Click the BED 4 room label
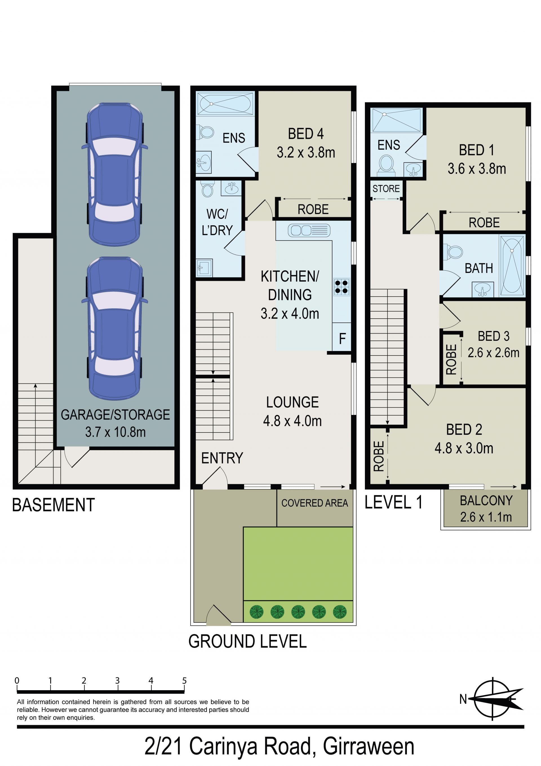pos(305,134)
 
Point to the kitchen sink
pos(309,230)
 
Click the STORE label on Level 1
pos(386,189)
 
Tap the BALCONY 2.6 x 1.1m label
pos(486,509)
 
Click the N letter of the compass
pos(463,699)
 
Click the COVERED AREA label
pos(314,503)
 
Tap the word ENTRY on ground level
pos(222,458)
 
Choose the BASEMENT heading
pos(53,505)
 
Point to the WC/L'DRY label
pos(217,222)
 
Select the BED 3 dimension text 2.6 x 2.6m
pos(493,353)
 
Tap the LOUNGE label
pos(292,402)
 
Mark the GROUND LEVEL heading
pos(247,641)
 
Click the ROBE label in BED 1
pos(484,222)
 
